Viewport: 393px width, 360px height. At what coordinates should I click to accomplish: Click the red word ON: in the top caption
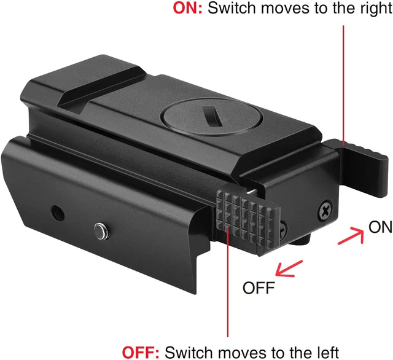click(187, 8)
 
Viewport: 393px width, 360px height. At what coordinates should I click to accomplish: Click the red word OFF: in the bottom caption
click(141, 352)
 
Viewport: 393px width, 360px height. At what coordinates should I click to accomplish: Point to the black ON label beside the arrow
click(380, 227)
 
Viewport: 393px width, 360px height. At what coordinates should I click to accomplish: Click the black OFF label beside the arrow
click(259, 288)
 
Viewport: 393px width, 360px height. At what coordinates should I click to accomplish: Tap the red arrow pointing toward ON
click(351, 235)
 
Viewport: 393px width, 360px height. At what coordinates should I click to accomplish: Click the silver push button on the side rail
click(102, 231)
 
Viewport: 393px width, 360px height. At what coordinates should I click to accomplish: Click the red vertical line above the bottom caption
click(228, 283)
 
